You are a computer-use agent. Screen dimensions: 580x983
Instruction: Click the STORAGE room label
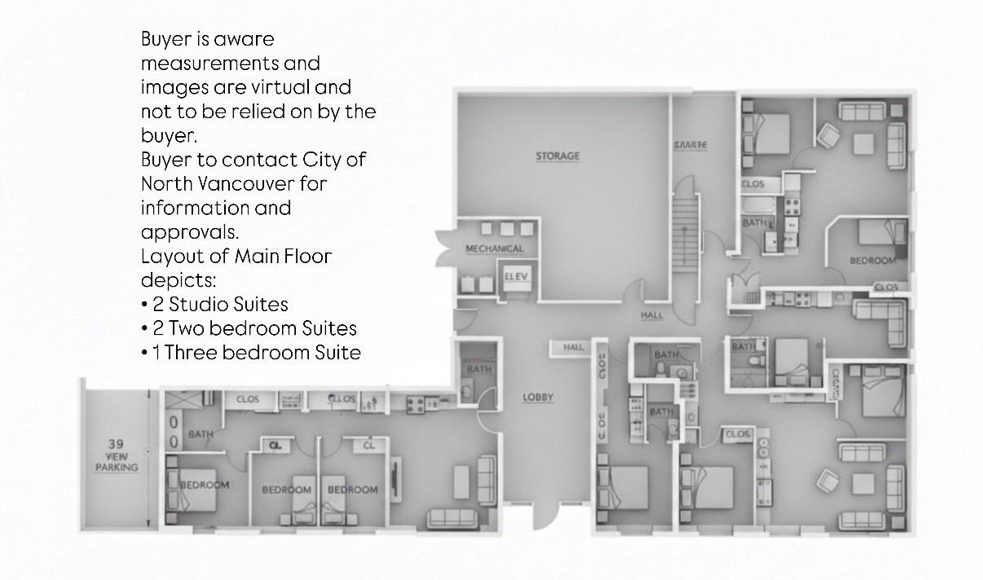click(x=558, y=156)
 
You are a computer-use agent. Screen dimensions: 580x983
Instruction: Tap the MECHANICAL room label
click(x=494, y=248)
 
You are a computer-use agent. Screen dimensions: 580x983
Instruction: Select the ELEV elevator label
click(x=516, y=277)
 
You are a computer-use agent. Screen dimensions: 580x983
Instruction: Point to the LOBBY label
click(x=538, y=398)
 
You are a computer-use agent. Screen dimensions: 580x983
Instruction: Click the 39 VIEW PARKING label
click(x=116, y=456)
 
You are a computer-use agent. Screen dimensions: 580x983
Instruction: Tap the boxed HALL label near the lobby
click(x=574, y=348)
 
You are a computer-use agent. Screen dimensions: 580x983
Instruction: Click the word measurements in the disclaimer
click(x=230, y=64)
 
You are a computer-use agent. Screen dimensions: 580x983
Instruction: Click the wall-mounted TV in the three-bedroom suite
click(x=396, y=480)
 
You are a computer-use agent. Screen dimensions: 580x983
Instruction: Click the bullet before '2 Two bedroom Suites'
click(x=144, y=329)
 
